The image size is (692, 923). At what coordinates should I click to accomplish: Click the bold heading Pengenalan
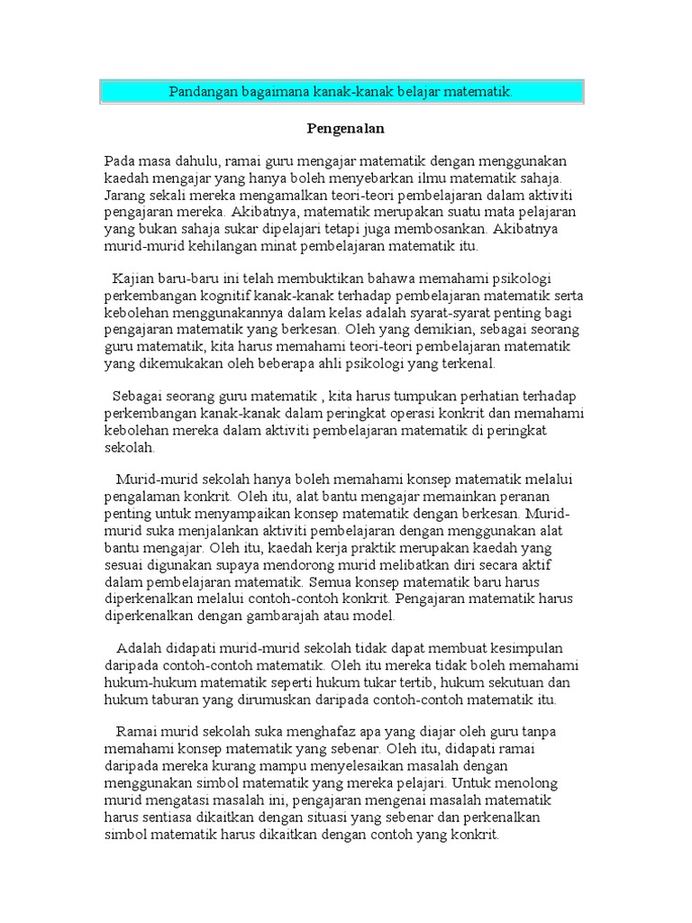pyautogui.click(x=346, y=129)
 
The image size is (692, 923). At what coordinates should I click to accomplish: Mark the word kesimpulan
pyautogui.click(x=526, y=650)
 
